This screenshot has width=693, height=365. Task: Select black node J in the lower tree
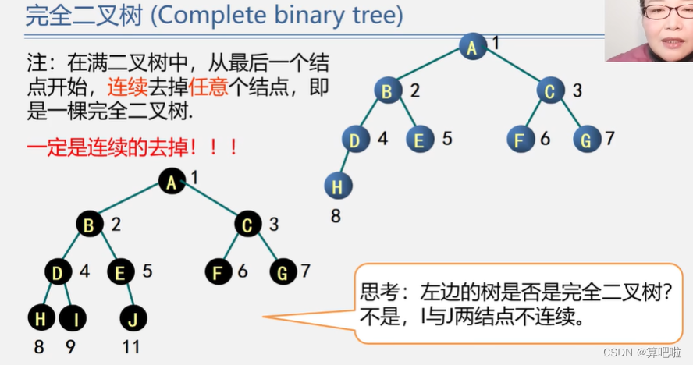coord(133,318)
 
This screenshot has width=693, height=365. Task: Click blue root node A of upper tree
coord(472,47)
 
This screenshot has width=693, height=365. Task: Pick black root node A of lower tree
coord(171,181)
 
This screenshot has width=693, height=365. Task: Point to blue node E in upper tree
coord(420,140)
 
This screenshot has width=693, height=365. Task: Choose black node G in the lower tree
coord(283,272)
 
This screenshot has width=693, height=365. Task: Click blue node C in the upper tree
coord(550,91)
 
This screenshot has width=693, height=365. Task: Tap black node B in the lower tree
coord(89,226)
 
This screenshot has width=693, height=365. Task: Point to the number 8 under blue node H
coord(336,216)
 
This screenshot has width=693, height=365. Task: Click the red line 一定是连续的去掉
coord(112,146)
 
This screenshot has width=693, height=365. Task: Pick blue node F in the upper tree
coord(519,140)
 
